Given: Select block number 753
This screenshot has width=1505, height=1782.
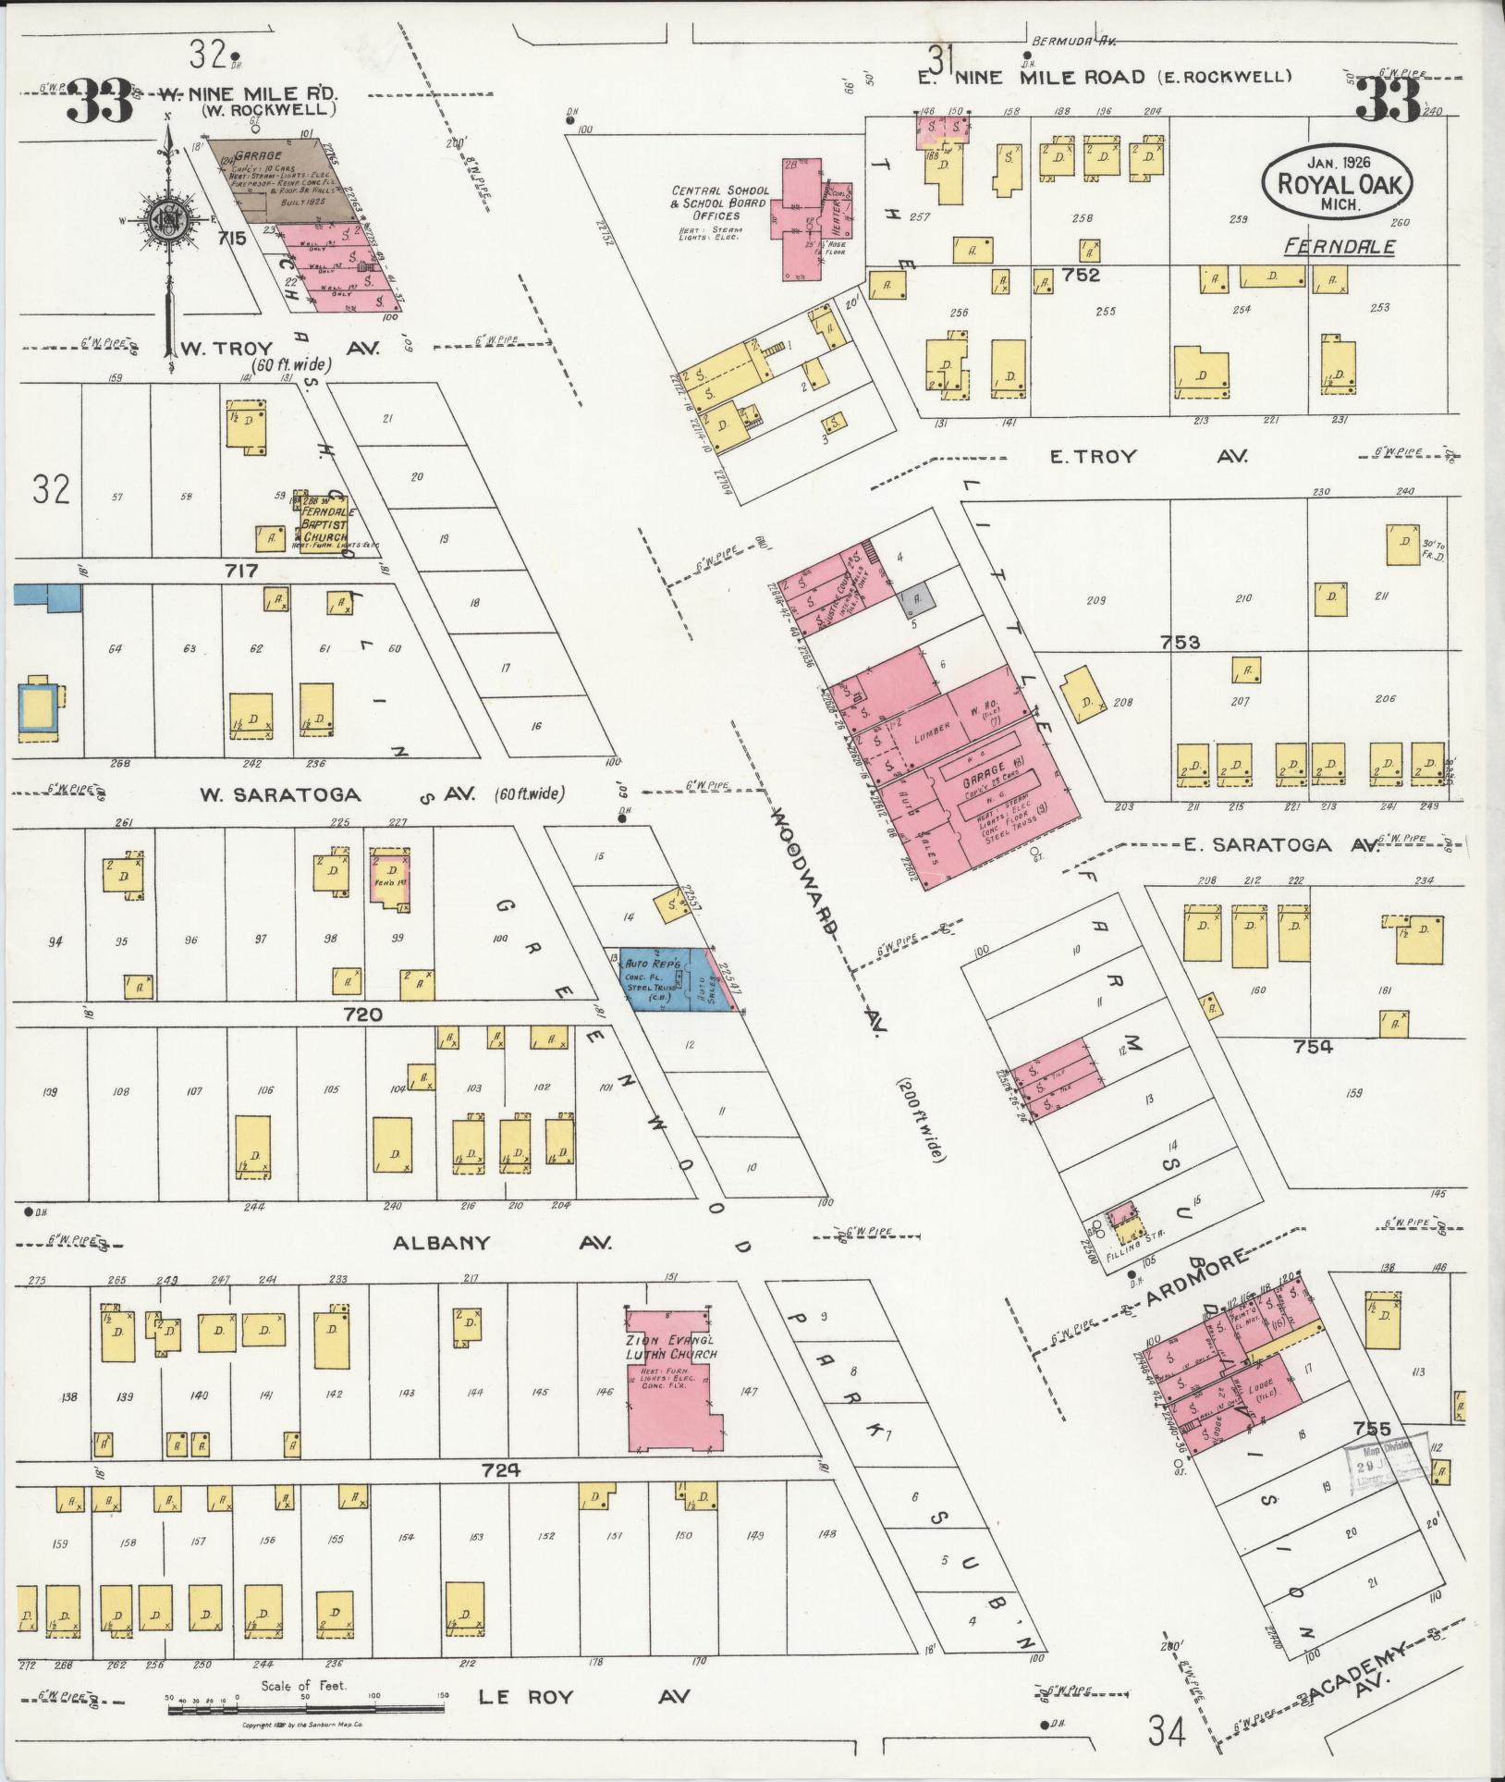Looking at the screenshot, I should (x=1180, y=642).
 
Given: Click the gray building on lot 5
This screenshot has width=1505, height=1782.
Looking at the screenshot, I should (x=917, y=597).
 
